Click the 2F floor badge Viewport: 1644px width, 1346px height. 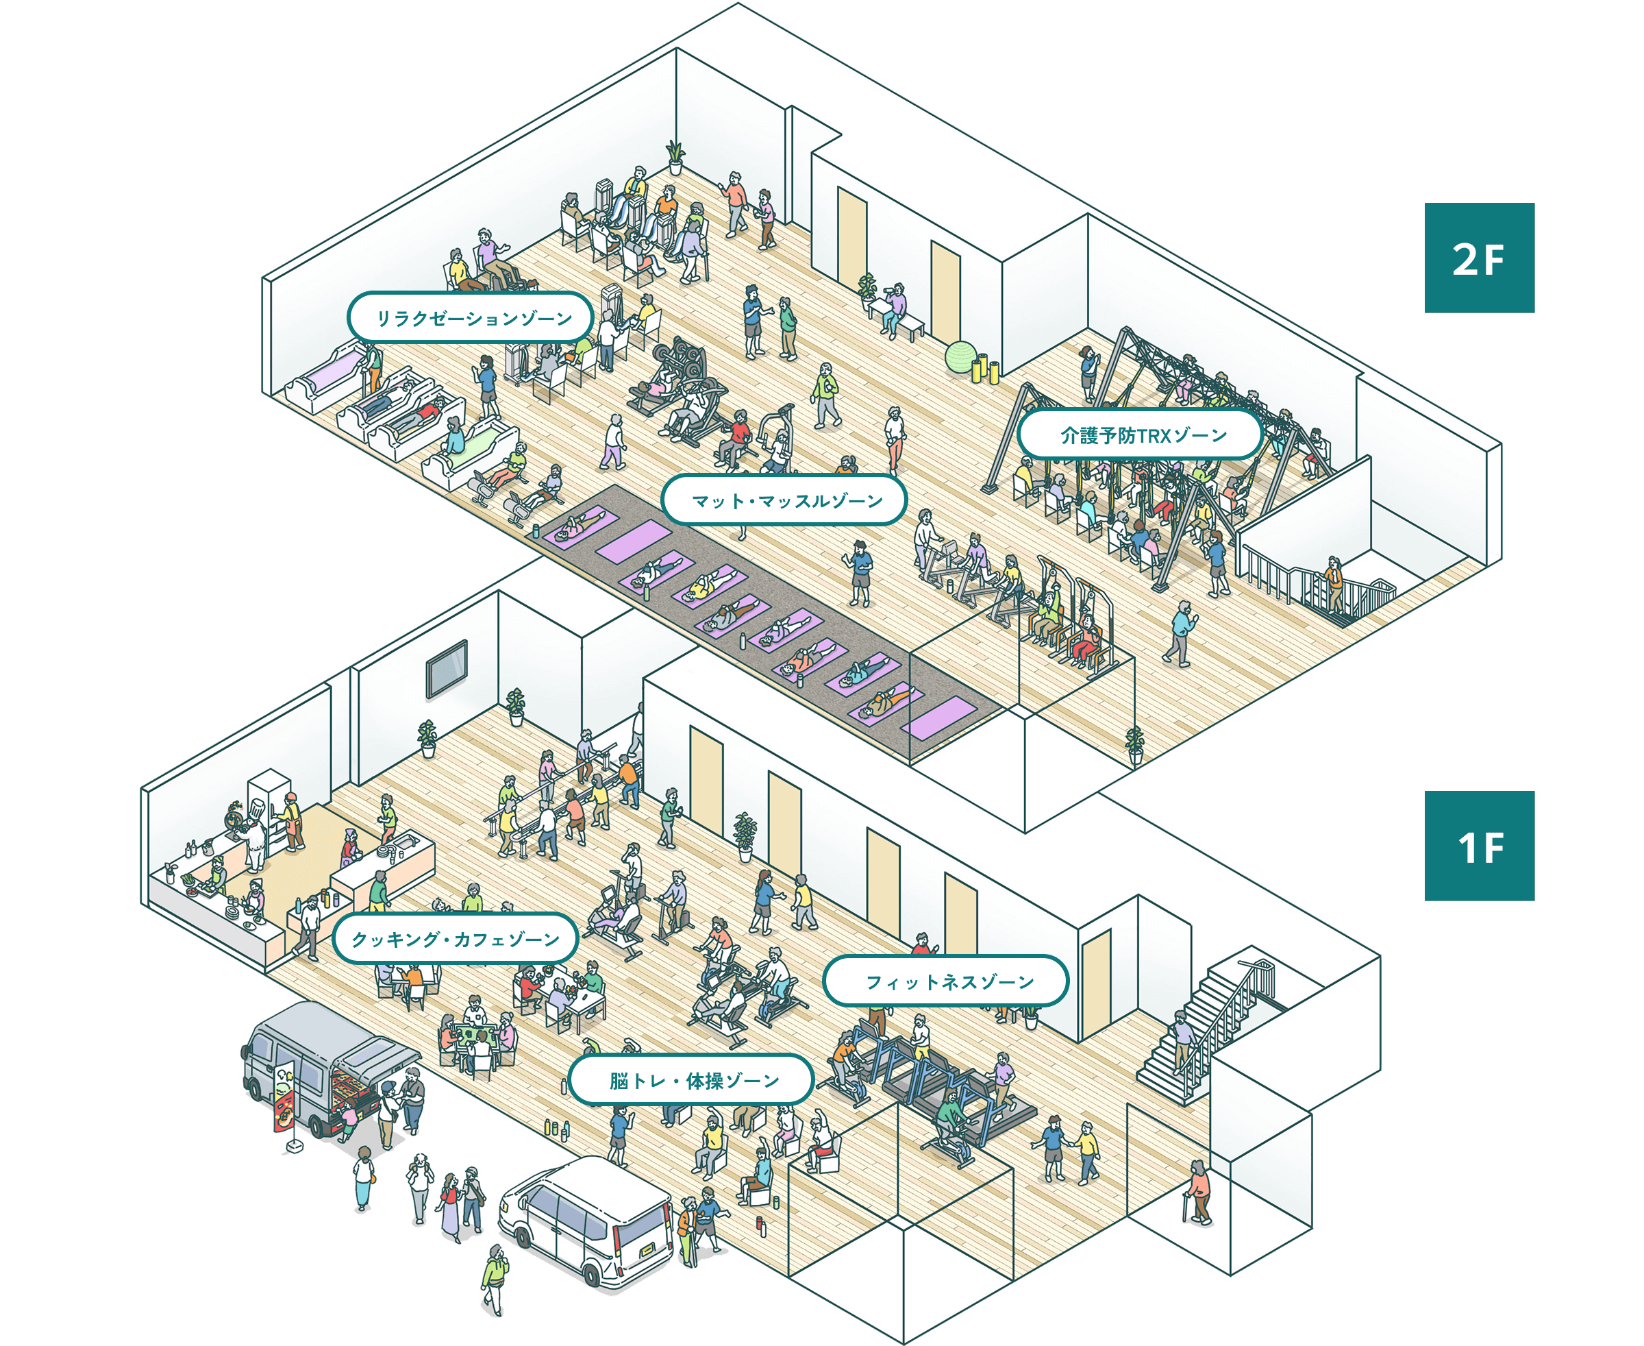(1479, 258)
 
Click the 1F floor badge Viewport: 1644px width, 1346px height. (1479, 846)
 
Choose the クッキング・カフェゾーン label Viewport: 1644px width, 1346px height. (456, 939)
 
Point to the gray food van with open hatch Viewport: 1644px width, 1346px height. (325, 1062)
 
